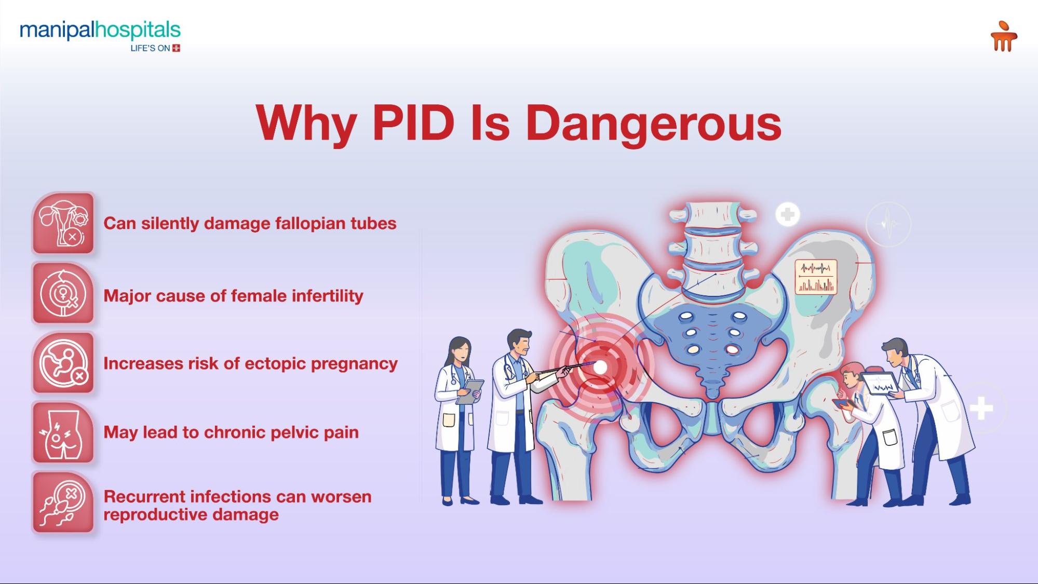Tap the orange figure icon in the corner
[x=1003, y=36]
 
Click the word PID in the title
[x=413, y=123]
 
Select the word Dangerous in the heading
[x=653, y=125]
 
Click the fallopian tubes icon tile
[x=63, y=223]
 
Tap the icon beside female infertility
[x=63, y=294]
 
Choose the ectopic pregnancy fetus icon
[x=63, y=363]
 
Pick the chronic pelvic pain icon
[x=63, y=432]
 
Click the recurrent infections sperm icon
[x=63, y=502]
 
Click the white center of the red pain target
[x=600, y=368]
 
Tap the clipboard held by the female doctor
[x=470, y=392]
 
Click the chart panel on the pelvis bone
[x=816, y=277]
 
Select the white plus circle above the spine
[x=787, y=214]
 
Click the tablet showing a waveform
[x=880, y=384]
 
